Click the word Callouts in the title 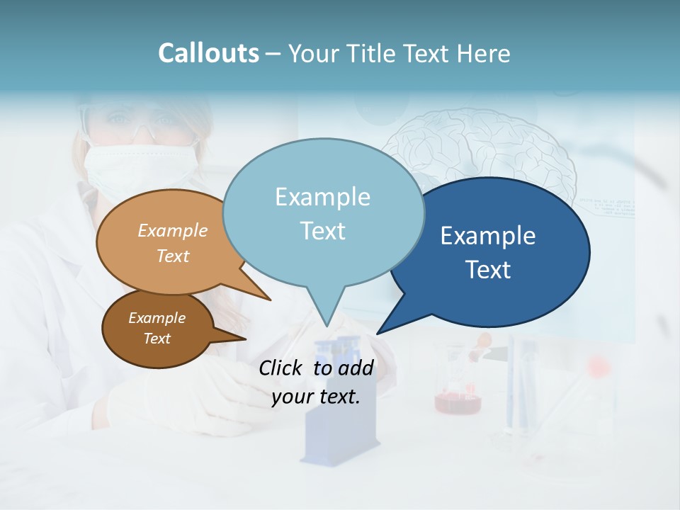pyautogui.click(x=208, y=53)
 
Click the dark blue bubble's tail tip pyautogui.click(x=378, y=333)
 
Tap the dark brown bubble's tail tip pyautogui.click(x=245, y=339)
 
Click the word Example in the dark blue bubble pyautogui.click(x=488, y=236)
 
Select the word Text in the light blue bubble pyautogui.click(x=323, y=231)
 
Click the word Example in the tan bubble pyautogui.click(x=173, y=231)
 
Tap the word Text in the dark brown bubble pyautogui.click(x=157, y=339)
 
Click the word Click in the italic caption pyautogui.click(x=282, y=368)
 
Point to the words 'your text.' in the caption pyautogui.click(x=316, y=397)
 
